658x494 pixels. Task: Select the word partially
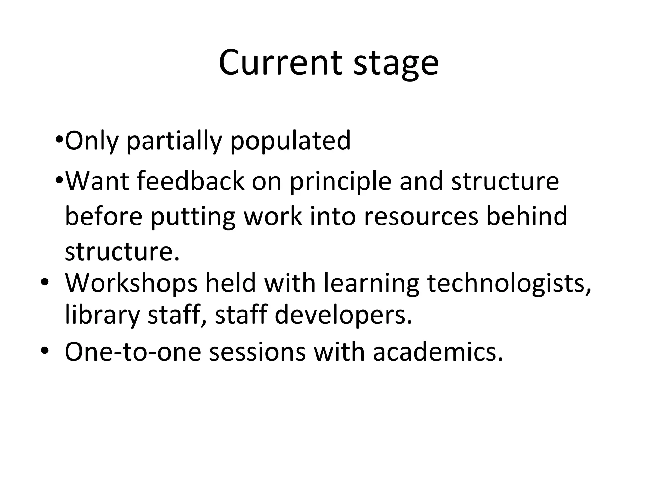[174, 142]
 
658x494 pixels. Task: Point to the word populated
[290, 142]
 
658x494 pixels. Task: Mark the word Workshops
[131, 283]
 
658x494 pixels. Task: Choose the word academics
[438, 352]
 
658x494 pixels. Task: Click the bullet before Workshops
[44, 282]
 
